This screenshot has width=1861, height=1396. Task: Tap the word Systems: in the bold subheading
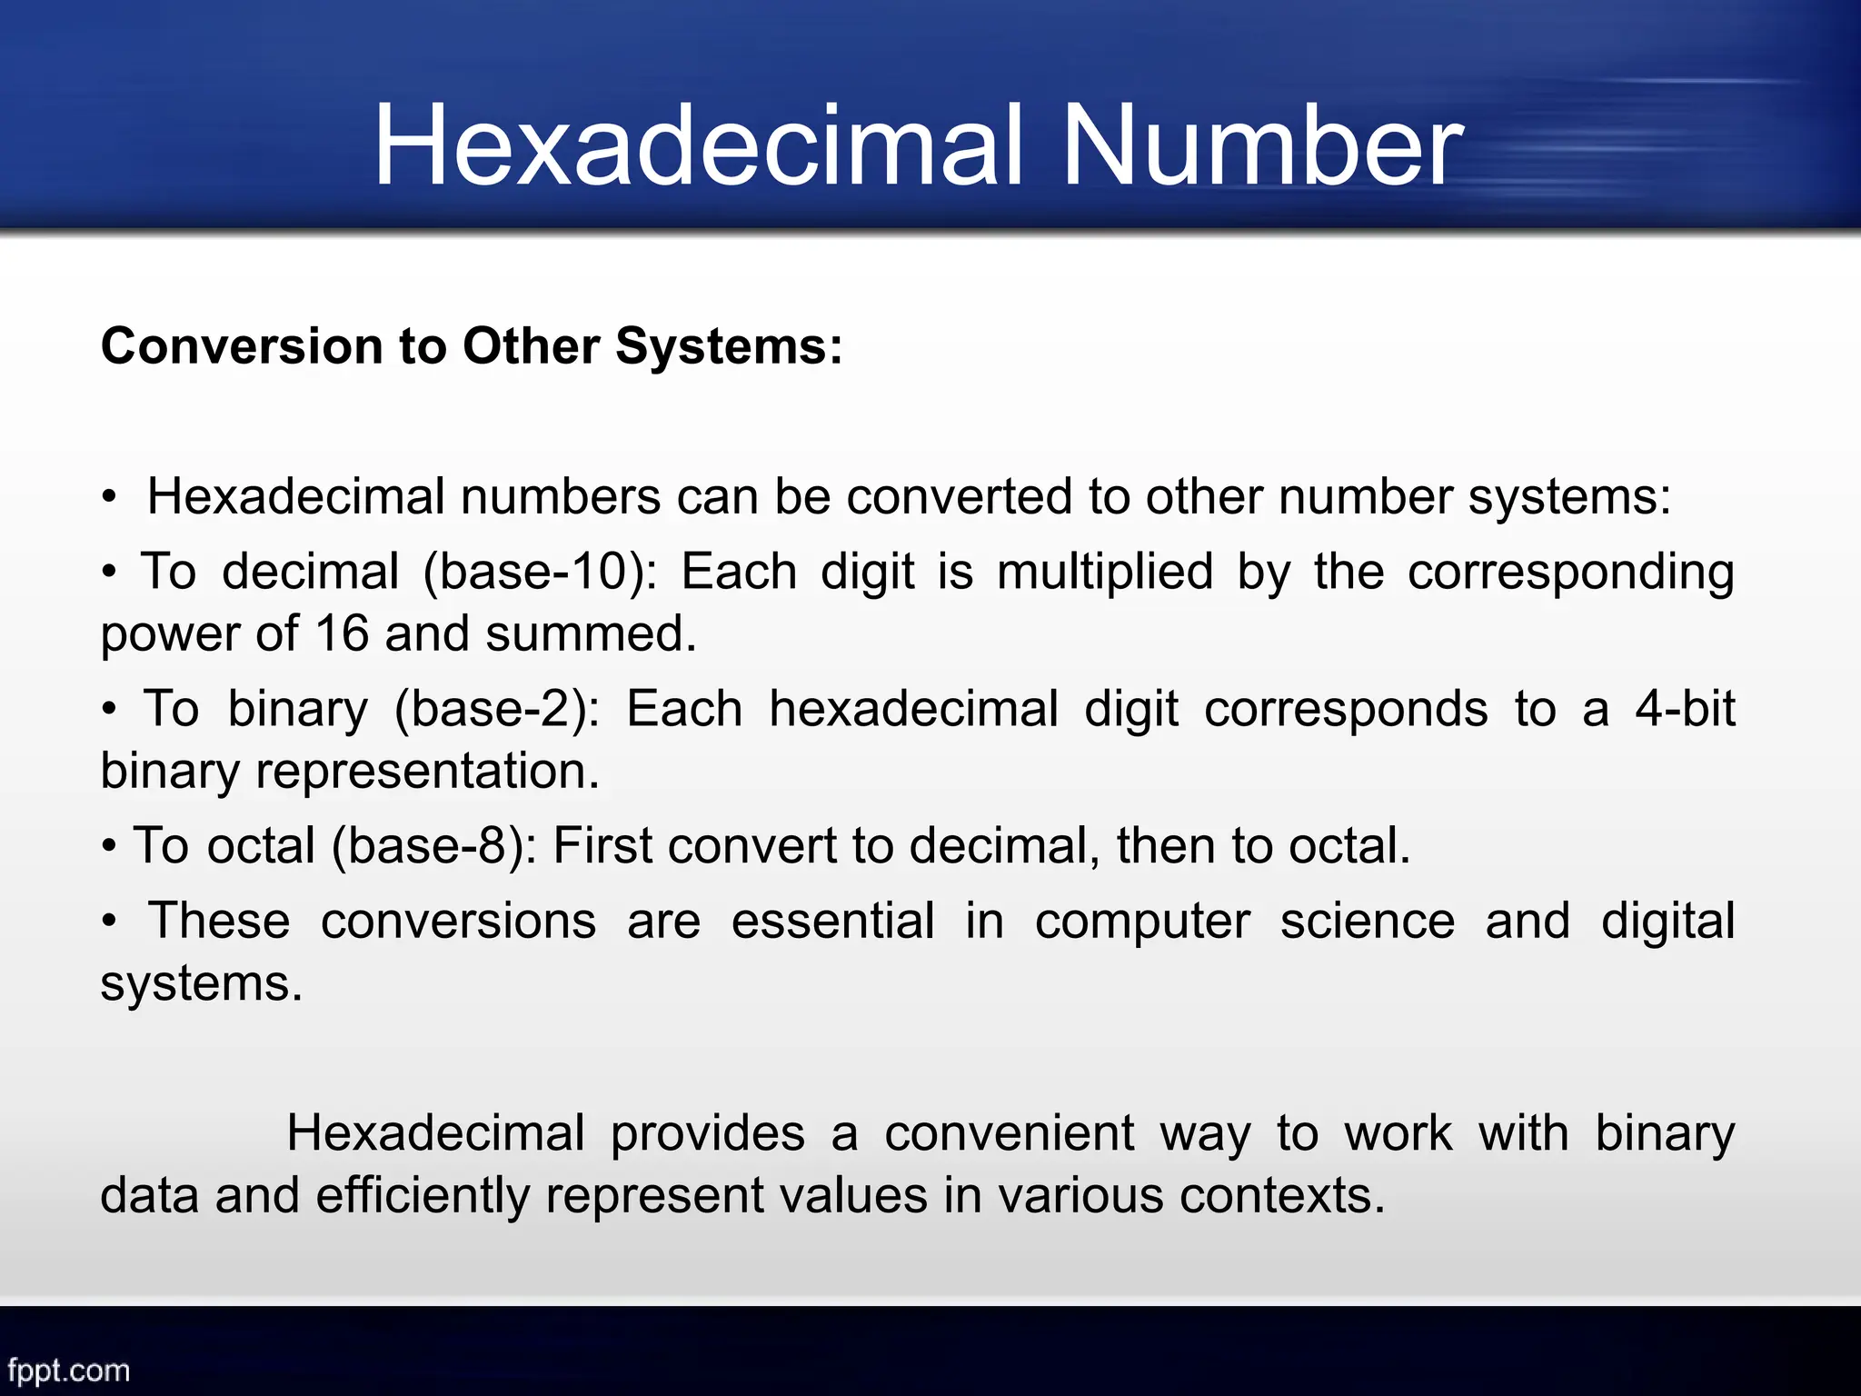click(x=729, y=346)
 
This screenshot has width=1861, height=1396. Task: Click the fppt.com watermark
click(x=68, y=1370)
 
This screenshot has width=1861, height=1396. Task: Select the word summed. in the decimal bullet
click(x=591, y=633)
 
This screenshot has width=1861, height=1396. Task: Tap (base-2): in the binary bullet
click(x=496, y=710)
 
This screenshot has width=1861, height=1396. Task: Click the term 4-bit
click(x=1685, y=709)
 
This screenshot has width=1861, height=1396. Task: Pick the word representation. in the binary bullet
click(x=427, y=772)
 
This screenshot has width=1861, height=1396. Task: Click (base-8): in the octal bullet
click(x=434, y=846)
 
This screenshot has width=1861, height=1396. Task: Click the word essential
click(x=832, y=921)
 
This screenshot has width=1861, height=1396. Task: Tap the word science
click(x=1367, y=921)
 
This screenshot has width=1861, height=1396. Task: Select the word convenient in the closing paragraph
click(x=1009, y=1133)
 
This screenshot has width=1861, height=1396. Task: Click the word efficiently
click(x=423, y=1195)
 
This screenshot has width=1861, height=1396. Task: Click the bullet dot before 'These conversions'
click(x=109, y=922)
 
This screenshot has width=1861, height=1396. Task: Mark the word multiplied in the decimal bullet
click(x=1105, y=573)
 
